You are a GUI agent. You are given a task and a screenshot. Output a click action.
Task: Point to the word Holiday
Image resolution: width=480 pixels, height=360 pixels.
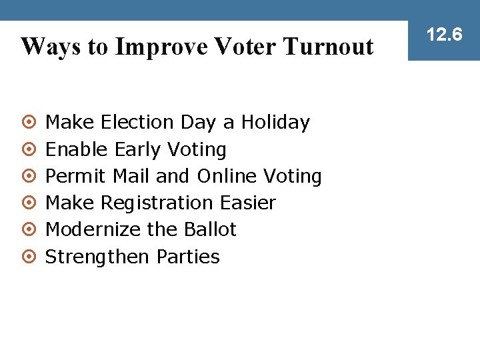click(x=275, y=123)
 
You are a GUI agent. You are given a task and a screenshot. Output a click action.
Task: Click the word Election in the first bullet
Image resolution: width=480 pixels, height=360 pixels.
click(x=137, y=123)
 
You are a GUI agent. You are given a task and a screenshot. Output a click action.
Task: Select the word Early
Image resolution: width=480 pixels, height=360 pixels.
click(x=138, y=149)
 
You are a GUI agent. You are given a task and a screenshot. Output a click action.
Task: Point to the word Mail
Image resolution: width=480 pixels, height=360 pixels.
click(x=131, y=176)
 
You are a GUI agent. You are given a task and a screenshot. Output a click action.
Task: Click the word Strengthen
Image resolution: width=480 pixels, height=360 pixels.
click(x=98, y=257)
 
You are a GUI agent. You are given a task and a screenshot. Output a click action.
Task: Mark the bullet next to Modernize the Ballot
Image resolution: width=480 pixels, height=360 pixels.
click(x=28, y=230)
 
